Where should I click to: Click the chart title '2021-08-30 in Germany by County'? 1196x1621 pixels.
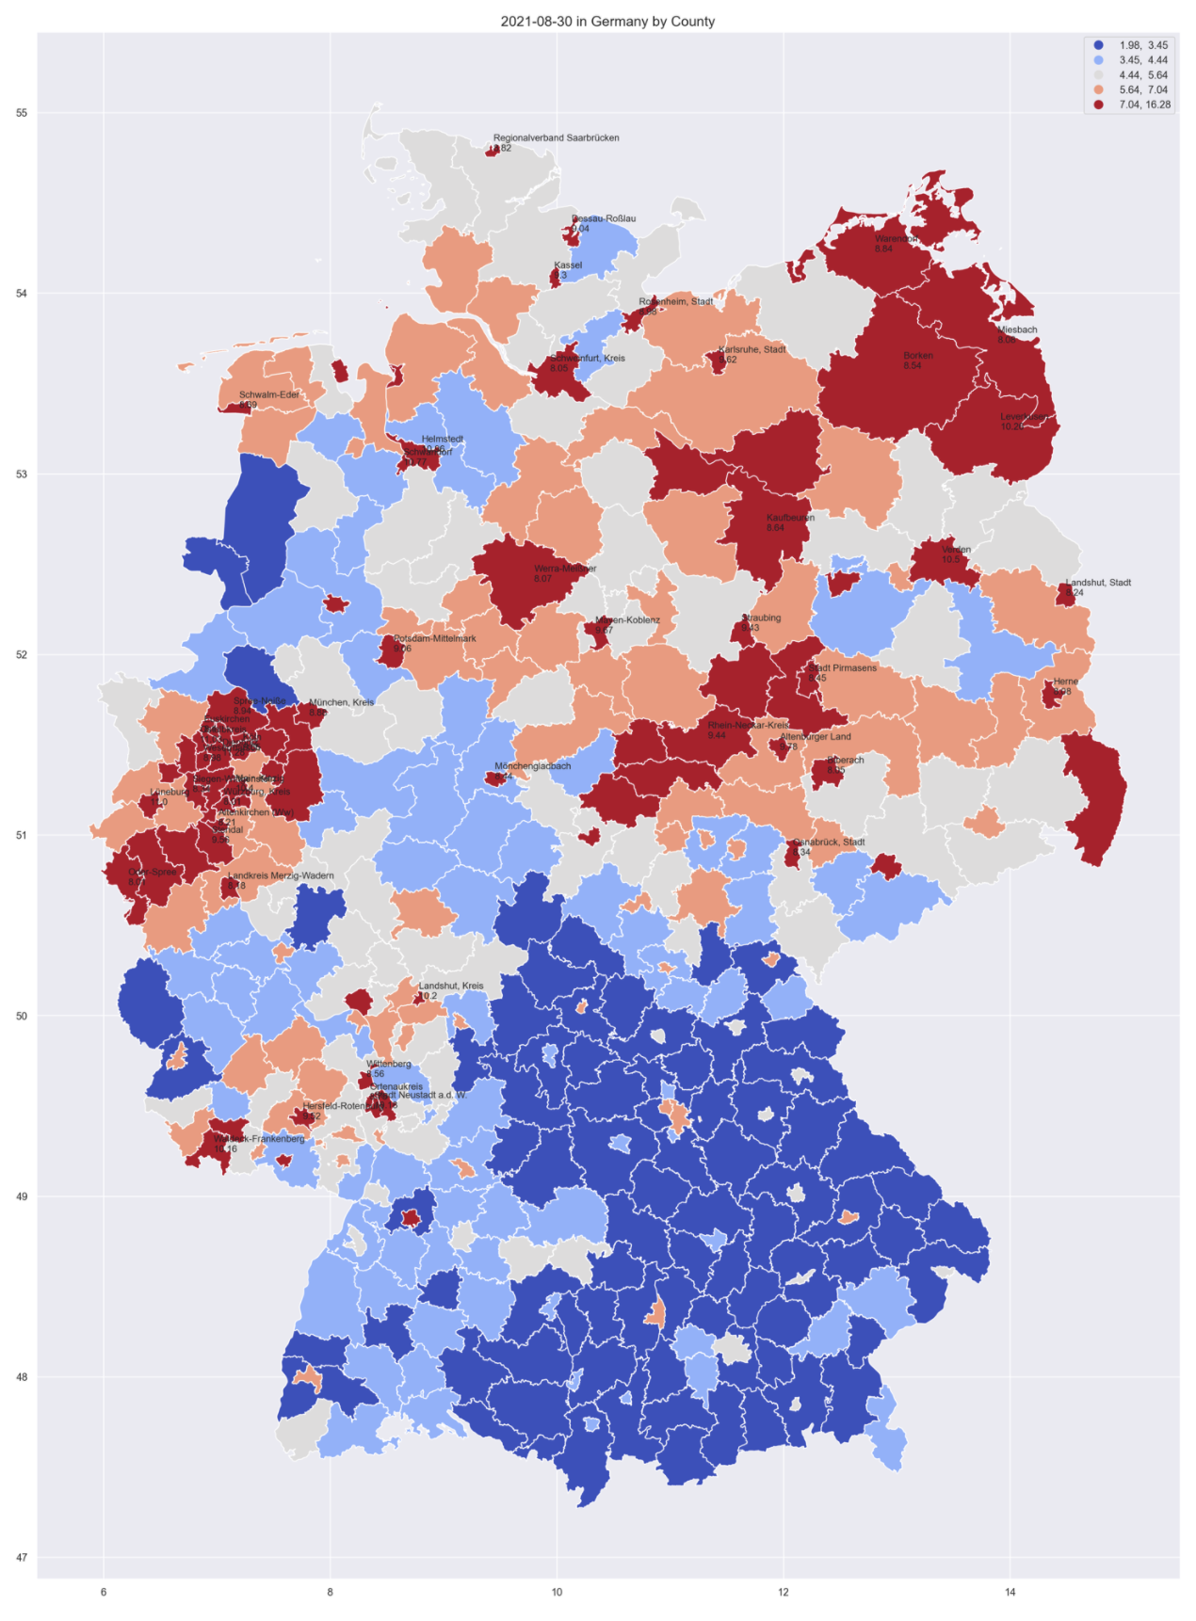point(607,22)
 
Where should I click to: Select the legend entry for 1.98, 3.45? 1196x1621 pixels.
point(1143,45)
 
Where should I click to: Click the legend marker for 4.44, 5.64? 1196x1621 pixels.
point(1099,75)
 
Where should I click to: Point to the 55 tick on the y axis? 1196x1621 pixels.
point(22,113)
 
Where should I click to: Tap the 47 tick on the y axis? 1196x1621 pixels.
point(22,1558)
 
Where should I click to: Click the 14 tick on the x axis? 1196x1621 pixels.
point(1010,1593)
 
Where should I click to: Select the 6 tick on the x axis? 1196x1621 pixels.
point(104,1593)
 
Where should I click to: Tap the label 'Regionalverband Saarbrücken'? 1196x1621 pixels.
point(556,138)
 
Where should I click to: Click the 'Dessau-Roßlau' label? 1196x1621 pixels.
point(604,218)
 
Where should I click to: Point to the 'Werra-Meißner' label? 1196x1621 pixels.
point(565,569)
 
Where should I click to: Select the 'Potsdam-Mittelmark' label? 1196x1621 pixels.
point(434,638)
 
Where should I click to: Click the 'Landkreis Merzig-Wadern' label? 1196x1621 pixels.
point(281,875)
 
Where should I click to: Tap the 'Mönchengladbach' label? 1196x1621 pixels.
point(532,766)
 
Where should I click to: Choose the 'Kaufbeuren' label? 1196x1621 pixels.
point(790,518)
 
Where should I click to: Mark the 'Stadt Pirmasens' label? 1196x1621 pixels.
point(842,668)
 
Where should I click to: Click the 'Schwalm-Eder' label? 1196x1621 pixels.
point(268,395)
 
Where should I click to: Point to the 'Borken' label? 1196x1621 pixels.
point(917,356)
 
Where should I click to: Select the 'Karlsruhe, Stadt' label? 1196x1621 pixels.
point(752,349)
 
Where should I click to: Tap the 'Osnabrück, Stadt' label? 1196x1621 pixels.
point(829,843)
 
